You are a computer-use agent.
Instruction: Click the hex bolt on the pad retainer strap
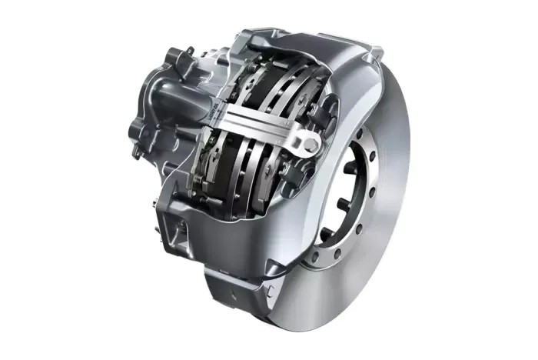(x=308, y=144)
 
